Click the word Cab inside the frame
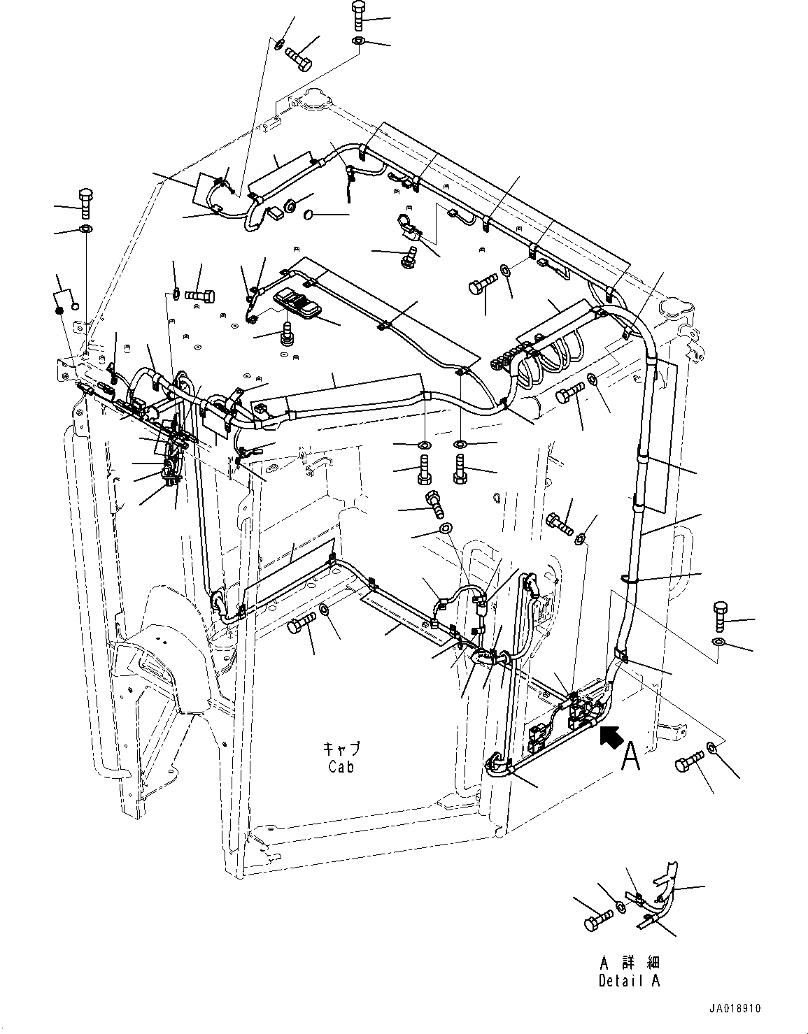point(341,766)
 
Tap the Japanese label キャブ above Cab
point(341,749)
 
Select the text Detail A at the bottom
point(629,980)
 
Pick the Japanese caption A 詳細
point(629,962)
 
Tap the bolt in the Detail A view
point(593,921)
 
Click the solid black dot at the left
point(61,310)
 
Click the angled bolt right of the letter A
point(688,763)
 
